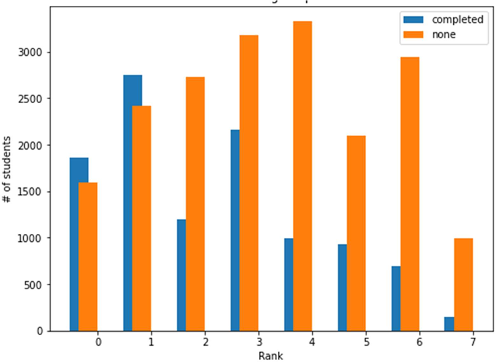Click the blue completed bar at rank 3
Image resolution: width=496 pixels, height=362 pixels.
pos(235,230)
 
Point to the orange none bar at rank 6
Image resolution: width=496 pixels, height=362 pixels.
pos(410,194)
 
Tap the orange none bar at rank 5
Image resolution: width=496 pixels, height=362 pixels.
pos(356,233)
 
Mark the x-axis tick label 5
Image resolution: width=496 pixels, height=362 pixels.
pos(365,342)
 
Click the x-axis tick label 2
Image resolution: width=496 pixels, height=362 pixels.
pos(205,342)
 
